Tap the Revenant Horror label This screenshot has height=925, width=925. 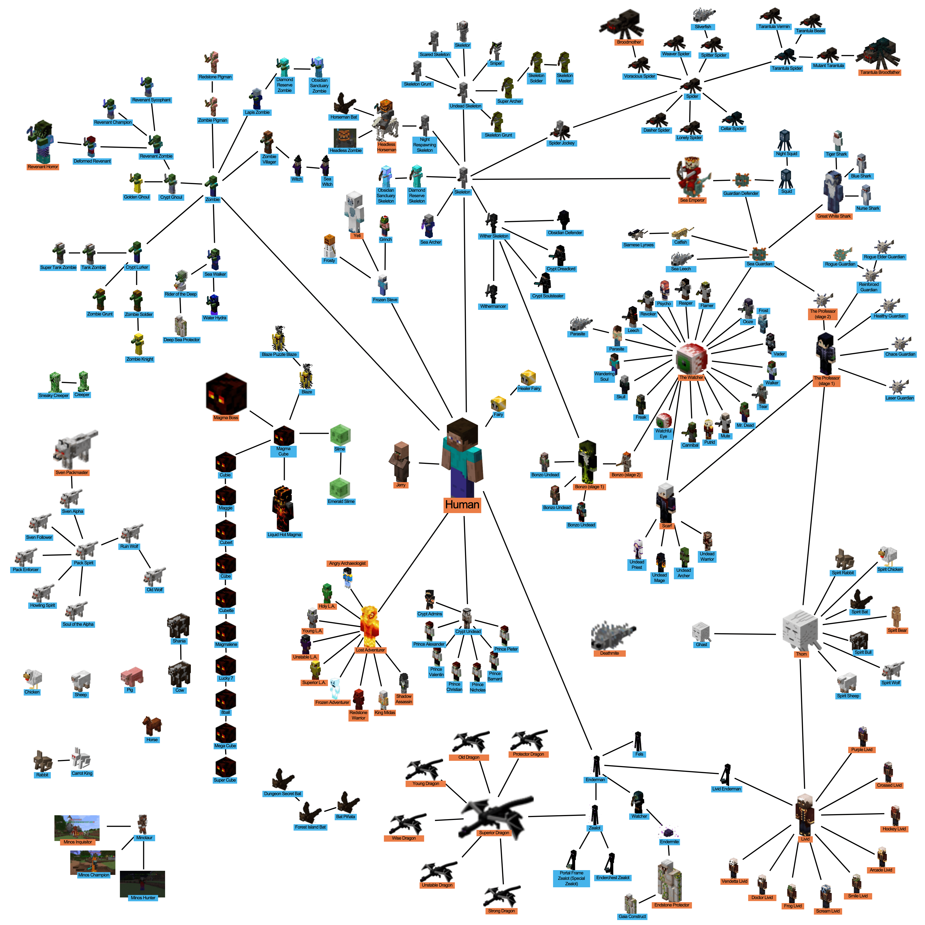pos(43,167)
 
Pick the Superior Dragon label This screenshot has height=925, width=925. pos(494,833)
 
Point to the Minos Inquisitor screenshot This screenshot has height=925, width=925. pos(77,827)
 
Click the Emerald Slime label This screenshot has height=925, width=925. pos(341,501)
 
